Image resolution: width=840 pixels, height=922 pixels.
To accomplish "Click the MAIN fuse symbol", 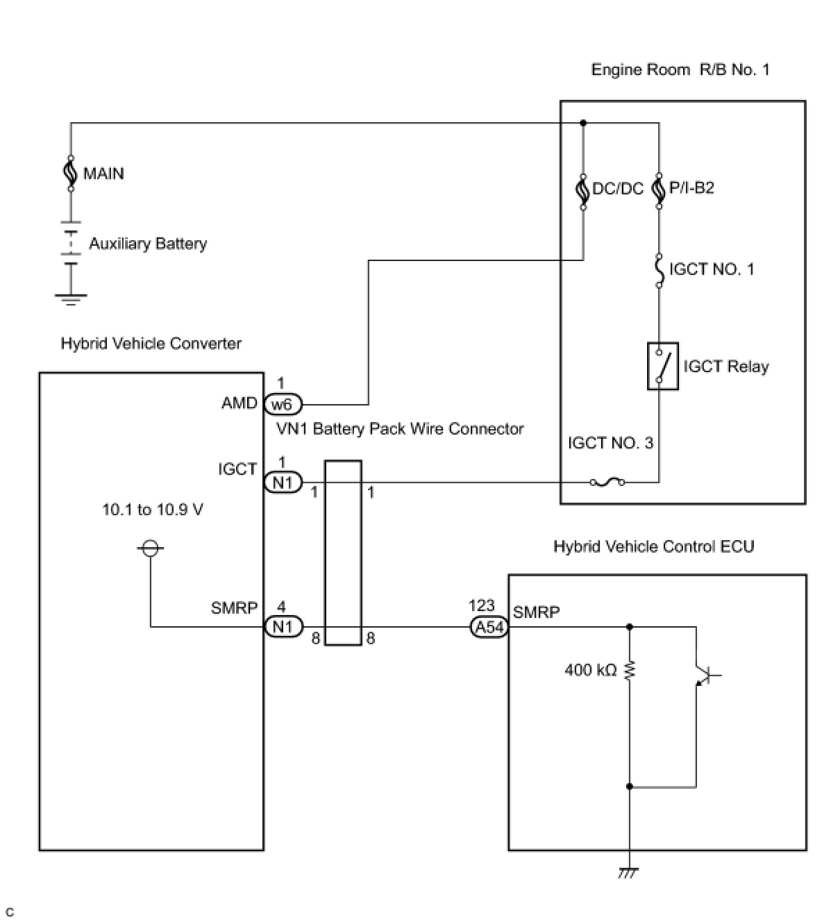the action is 70,174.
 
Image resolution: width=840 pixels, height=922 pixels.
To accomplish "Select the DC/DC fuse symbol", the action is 583,192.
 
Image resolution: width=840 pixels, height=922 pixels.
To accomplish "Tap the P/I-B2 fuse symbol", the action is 659,191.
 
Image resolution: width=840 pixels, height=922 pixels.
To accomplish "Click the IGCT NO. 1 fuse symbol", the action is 659,270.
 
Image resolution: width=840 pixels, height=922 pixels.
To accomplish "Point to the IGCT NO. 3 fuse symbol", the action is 607,482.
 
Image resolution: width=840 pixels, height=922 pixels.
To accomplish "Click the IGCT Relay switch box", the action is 662,366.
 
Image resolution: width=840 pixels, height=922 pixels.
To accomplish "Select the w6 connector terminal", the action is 283,405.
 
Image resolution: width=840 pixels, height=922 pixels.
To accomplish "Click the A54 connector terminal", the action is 489,627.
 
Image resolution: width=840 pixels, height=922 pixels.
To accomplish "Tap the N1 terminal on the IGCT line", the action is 283,483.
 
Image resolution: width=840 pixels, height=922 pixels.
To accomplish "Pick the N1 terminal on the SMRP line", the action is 283,626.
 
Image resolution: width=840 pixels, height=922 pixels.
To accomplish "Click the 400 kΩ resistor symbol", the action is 629,670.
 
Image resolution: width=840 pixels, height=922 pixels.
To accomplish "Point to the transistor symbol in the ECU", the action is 706,675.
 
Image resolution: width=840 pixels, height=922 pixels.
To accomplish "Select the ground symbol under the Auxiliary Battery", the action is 70,299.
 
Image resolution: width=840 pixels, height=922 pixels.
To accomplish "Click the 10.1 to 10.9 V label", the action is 152,510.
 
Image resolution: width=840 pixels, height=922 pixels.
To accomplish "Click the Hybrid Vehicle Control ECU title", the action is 653,546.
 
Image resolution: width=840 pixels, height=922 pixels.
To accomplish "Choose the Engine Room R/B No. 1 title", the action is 680,69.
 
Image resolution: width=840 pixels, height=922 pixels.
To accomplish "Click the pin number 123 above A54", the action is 481,606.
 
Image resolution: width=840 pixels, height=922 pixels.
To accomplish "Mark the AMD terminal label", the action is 239,403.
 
